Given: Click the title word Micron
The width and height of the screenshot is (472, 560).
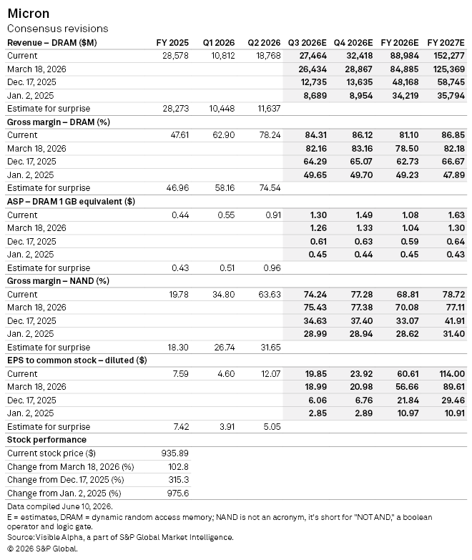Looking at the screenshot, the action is point(28,14).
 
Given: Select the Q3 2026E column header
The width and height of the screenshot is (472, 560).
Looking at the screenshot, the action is point(307,43).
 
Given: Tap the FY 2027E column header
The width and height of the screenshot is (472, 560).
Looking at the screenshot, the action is point(446,43).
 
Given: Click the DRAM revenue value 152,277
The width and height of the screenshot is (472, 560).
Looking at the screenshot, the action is point(449,56).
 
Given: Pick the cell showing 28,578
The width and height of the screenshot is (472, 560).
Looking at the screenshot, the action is point(175,56).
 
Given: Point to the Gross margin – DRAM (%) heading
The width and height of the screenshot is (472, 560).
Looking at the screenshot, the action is point(59,122).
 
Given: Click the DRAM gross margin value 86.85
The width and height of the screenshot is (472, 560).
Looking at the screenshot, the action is point(453,135).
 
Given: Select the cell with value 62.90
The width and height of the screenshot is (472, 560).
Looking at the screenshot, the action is point(223,135).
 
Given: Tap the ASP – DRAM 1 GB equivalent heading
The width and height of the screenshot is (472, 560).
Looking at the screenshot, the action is point(71,202).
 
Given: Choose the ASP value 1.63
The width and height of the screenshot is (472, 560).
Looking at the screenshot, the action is point(456,215).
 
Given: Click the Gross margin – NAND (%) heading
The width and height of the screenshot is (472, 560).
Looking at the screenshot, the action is point(58,281).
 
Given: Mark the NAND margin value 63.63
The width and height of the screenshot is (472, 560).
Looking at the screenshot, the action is point(269,295).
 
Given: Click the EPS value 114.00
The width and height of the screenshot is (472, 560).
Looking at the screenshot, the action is point(452,374).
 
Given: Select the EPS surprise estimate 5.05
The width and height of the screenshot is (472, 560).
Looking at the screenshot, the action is point(272,427).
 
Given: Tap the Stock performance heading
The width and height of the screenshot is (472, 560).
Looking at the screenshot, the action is point(46,440).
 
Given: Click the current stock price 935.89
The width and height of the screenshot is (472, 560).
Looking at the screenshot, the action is point(175,453).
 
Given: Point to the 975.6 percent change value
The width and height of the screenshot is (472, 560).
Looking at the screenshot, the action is point(178,493).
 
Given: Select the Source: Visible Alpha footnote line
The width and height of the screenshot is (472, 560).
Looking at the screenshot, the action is point(120,537).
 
